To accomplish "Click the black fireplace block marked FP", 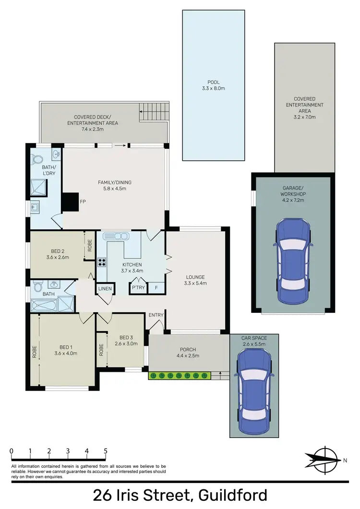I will [70, 201].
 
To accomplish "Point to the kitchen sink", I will [116, 236].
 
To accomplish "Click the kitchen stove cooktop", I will [102, 262].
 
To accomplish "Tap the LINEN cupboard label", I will [105, 289].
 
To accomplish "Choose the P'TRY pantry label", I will [137, 289].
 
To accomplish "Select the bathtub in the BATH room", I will [43, 305].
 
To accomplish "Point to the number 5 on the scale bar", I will [105, 451].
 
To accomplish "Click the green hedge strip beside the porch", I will [179, 376].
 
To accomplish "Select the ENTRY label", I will [156, 315].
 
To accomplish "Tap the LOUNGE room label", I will [195, 277].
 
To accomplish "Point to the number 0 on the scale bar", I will [11, 451].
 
